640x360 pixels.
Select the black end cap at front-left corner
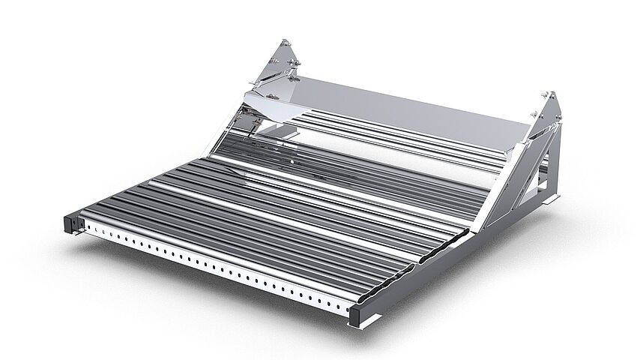(x=71, y=222)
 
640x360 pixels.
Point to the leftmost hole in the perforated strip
(x=88, y=225)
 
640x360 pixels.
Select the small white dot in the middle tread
(x=291, y=160)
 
